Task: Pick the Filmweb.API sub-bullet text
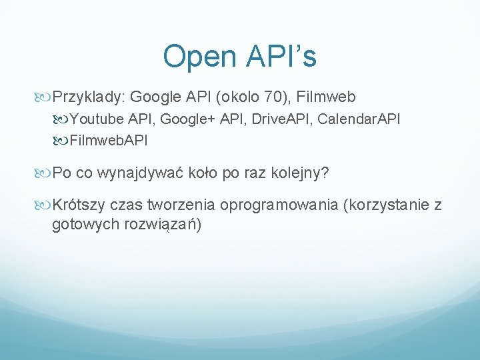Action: pyautogui.click(x=108, y=141)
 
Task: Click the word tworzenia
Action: pyautogui.click(x=176, y=205)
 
